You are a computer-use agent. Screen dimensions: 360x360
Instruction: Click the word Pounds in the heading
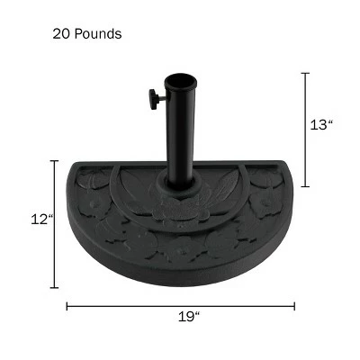(98, 34)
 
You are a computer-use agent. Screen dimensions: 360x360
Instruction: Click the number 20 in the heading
(61, 34)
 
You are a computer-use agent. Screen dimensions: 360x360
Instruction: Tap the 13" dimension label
(321, 125)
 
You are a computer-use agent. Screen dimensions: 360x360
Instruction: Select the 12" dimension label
(43, 220)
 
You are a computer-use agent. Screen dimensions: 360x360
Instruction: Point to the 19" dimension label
(189, 317)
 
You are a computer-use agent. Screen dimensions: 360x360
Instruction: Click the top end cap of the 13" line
(305, 73)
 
